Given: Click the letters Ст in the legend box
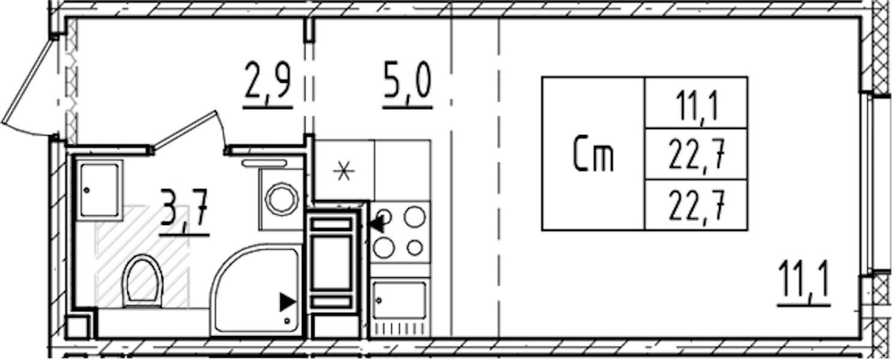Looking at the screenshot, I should click(x=593, y=155).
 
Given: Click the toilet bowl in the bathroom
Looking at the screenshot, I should click(x=143, y=280).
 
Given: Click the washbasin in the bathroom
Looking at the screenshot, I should click(x=100, y=190).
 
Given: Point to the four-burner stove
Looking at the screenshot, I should click(x=400, y=232).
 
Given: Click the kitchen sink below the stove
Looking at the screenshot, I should click(x=399, y=301).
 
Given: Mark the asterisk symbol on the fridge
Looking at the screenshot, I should click(x=344, y=172).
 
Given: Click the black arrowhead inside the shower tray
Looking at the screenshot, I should click(x=287, y=302).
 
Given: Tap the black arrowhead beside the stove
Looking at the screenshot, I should click(x=376, y=224).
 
